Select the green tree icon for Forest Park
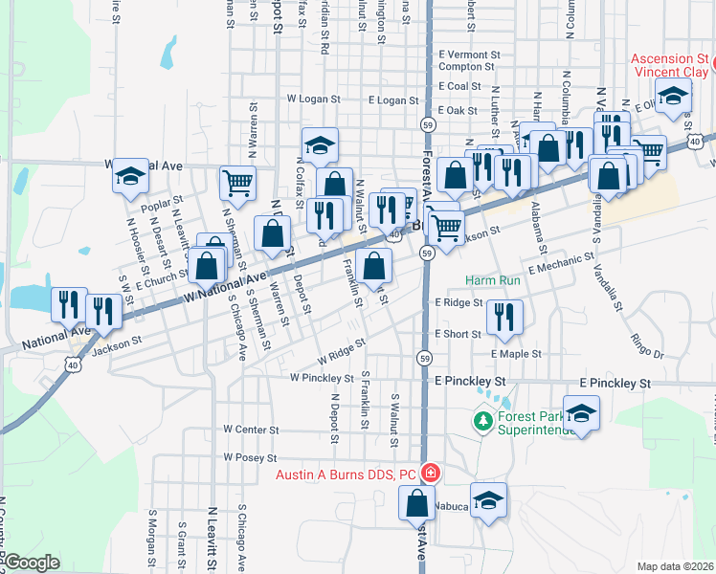point(483,420)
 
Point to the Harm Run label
point(493,281)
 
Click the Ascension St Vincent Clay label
point(670,66)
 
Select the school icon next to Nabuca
point(489,500)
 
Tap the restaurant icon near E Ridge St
point(504,317)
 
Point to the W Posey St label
point(250,458)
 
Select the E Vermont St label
point(470,55)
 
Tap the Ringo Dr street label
point(647,344)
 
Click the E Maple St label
point(517,354)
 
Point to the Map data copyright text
point(676,566)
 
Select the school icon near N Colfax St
point(320,144)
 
